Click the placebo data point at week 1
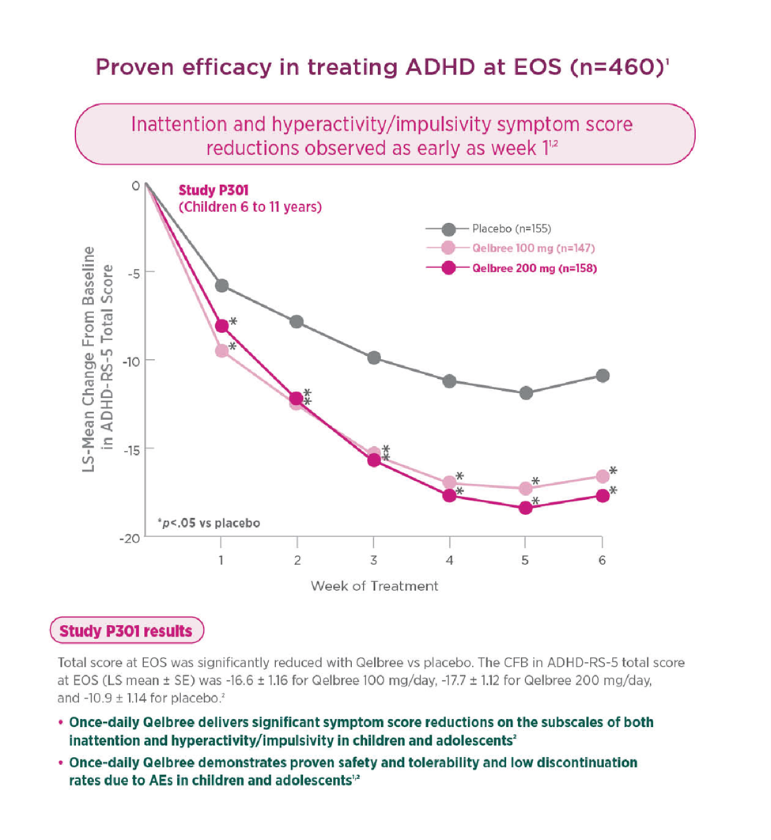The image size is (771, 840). click(221, 286)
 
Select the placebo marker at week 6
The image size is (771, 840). click(603, 375)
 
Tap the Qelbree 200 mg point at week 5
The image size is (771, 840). click(526, 508)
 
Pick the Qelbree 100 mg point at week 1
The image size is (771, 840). click(221, 350)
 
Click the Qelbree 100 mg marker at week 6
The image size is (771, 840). click(603, 476)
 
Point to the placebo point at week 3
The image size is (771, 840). click(374, 358)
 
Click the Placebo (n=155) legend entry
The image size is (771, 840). click(506, 229)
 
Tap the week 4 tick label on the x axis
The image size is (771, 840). click(450, 560)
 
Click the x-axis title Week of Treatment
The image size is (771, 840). click(374, 586)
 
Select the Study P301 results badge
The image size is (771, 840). click(127, 631)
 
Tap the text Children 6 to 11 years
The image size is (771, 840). click(250, 208)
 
